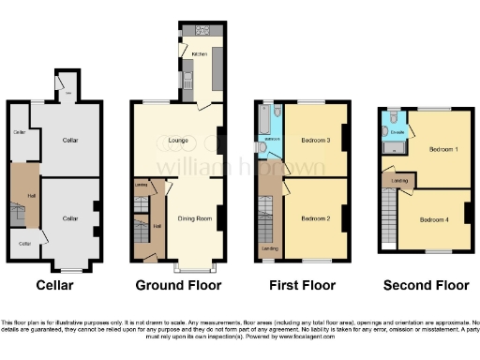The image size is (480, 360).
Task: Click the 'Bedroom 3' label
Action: tap(315, 141)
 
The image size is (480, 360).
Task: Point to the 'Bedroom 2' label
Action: tap(315, 217)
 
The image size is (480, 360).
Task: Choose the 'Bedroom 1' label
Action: tap(442, 149)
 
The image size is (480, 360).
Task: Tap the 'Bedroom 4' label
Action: tap(433, 219)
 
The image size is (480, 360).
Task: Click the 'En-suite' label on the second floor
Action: tap(397, 133)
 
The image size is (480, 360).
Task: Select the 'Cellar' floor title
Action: tap(54, 285)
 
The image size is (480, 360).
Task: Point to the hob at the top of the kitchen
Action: tap(201, 30)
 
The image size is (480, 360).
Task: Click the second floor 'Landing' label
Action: tap(398, 180)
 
